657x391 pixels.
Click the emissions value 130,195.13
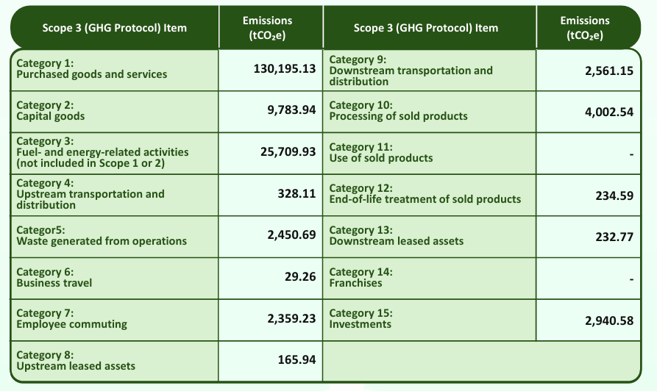click(x=279, y=68)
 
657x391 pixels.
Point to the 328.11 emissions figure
click(x=296, y=193)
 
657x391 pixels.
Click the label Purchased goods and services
click(x=92, y=74)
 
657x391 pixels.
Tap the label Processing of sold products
click(x=398, y=116)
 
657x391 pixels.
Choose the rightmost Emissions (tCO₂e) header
click(x=585, y=27)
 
